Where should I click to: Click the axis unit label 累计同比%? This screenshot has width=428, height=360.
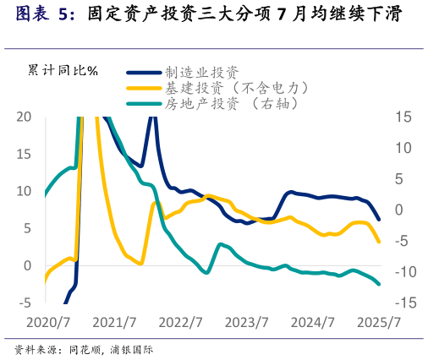coord(63,69)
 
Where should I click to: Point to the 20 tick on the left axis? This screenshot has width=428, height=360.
coord(25,117)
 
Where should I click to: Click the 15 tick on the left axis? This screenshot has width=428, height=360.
coord(25,154)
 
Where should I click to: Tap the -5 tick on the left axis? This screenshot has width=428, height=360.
coord(25,303)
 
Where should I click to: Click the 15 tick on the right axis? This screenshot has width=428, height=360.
coord(403,117)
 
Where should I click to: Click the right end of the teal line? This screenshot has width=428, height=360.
coord(379,284)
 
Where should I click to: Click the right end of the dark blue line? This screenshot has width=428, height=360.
coord(379,220)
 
